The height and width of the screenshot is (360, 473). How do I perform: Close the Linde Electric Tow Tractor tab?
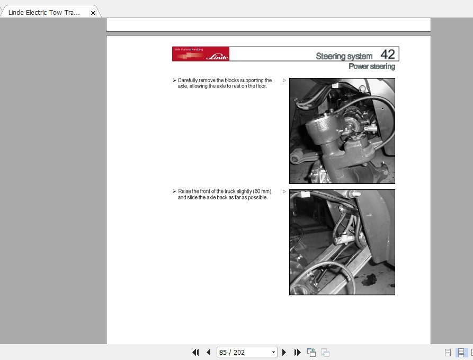coord(93,13)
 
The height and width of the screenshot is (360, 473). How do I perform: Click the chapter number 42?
coord(388,54)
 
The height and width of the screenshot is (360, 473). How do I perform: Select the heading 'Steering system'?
coord(345,56)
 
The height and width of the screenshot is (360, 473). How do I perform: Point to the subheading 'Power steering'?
coord(371,66)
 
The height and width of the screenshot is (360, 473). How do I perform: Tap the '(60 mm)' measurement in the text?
coord(262,191)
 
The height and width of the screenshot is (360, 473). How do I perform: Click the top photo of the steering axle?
coord(342,130)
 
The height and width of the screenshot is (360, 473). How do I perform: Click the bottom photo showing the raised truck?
coord(342,242)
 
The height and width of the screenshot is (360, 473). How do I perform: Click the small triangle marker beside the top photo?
coord(284,81)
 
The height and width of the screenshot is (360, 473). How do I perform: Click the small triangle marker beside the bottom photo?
coord(284,191)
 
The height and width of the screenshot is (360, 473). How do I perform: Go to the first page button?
coord(195,352)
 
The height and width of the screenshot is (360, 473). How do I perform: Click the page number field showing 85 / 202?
coord(243,352)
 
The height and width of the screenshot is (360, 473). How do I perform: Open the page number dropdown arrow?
coord(273,352)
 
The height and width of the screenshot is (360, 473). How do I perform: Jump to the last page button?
coord(297,352)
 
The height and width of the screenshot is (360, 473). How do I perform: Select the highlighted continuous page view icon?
coord(461,352)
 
